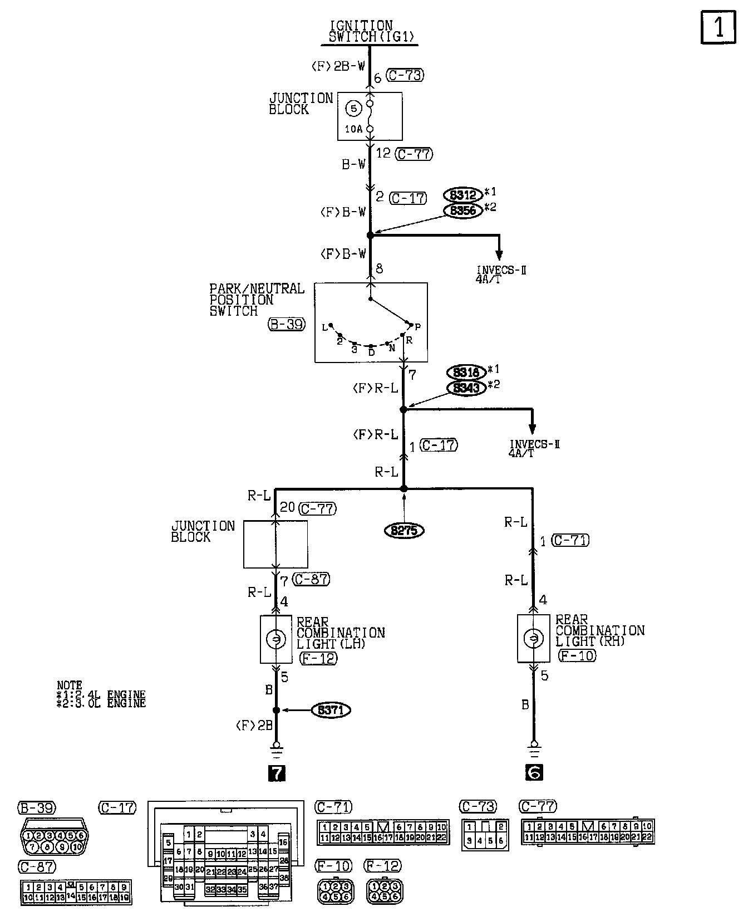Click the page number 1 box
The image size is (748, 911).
point(718,27)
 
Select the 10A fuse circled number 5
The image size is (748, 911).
point(353,109)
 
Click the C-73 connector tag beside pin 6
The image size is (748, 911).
point(405,75)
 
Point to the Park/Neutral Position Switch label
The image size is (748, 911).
point(257,300)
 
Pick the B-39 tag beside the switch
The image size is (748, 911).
point(287,324)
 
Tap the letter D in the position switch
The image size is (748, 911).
point(371,352)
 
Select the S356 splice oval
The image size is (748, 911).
point(463,210)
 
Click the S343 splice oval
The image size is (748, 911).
point(466,388)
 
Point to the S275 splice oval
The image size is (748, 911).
point(404,531)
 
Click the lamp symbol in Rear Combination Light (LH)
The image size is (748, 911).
point(275,639)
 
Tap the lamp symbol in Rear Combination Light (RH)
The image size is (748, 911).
point(533,638)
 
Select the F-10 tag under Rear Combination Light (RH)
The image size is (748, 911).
point(577,655)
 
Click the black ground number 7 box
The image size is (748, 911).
point(277,773)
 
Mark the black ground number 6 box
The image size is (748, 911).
point(533,772)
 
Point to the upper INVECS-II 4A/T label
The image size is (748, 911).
point(501,275)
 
